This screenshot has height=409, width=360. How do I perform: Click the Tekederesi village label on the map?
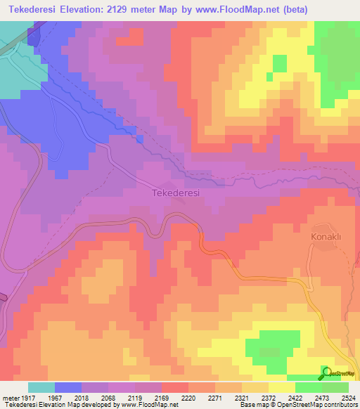point(176,193)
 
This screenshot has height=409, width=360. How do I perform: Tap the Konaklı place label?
point(326,238)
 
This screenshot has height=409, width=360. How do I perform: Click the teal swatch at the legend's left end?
point(41,387)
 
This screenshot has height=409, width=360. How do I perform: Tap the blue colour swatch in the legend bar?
point(68,387)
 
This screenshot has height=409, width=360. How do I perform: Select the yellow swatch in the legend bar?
point(282,387)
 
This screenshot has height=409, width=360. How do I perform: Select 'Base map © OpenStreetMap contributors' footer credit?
point(298,405)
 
